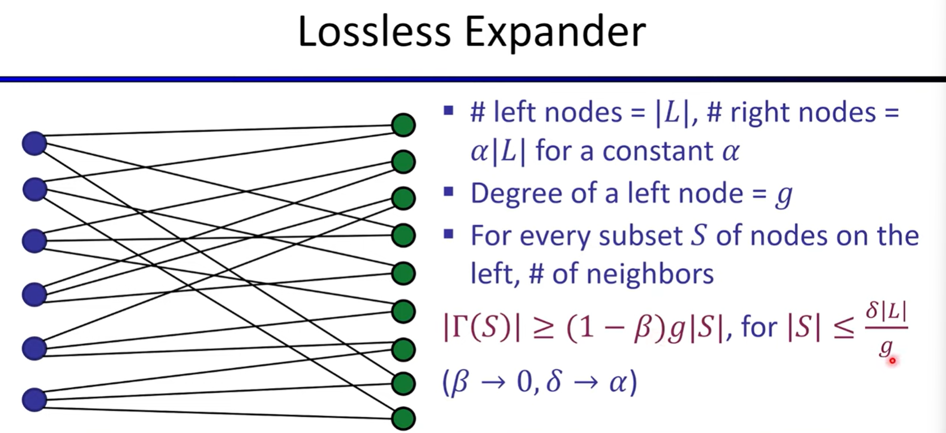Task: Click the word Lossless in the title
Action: [x=374, y=32]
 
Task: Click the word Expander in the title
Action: [x=556, y=34]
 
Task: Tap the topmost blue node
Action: [x=34, y=143]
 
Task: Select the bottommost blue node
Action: [x=34, y=400]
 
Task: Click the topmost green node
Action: [x=403, y=125]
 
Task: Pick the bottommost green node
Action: [x=403, y=419]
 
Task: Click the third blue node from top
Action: [x=34, y=240]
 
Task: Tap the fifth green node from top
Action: [x=403, y=273]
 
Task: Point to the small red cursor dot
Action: [x=892, y=361]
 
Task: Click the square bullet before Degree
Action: [x=449, y=193]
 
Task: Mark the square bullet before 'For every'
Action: [x=449, y=233]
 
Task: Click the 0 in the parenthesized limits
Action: [x=526, y=382]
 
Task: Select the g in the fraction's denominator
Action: [x=886, y=347]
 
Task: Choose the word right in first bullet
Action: [x=760, y=113]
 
